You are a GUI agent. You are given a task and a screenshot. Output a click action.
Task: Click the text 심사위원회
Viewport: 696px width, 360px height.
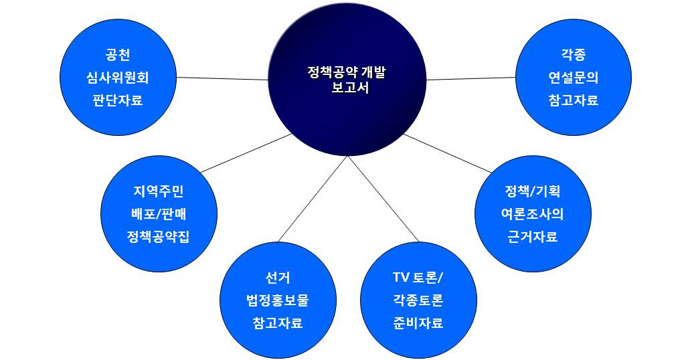[118, 78]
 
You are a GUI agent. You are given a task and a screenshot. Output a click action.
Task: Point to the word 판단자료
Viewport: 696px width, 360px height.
[118, 100]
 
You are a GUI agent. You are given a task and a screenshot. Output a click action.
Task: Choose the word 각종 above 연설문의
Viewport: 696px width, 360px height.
[574, 55]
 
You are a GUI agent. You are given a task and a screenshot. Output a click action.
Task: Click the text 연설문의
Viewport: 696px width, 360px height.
[574, 78]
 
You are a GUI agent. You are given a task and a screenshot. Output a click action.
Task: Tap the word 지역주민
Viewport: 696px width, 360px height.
[159, 192]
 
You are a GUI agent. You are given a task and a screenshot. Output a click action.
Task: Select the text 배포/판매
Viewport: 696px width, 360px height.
[159, 214]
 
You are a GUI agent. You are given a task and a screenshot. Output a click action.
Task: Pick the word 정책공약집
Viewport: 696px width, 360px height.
[159, 237]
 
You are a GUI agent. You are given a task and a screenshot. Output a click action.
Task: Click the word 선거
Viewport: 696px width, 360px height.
[278, 278]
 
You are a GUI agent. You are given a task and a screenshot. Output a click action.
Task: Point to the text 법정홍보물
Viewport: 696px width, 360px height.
[278, 300]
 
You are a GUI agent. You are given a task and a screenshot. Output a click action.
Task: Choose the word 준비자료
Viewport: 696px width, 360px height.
[418, 323]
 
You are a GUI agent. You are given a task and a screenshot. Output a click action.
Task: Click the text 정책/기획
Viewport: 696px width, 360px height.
[533, 192]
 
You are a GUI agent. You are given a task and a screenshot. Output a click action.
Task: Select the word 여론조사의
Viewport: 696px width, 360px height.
[533, 214]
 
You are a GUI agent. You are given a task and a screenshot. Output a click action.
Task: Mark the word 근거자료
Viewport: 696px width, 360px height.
[533, 237]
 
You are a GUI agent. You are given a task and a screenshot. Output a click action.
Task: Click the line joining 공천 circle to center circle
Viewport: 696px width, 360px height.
[222, 78]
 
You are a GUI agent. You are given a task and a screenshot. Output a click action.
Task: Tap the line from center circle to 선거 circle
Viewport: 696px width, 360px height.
[313, 199]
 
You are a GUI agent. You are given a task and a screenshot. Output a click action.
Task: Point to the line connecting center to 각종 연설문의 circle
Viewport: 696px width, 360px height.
[471, 78]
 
